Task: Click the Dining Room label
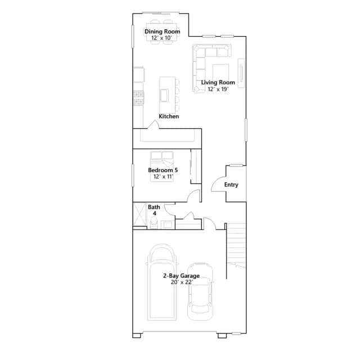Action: tap(162, 31)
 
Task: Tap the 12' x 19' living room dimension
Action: tap(218, 89)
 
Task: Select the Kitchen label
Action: tap(169, 116)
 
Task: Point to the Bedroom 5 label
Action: tap(163, 170)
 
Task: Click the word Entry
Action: tap(231, 184)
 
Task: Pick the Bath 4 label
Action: tap(154, 210)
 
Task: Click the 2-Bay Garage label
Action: tap(181, 276)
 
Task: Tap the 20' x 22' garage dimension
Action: tap(182, 282)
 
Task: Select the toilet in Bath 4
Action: tap(154, 223)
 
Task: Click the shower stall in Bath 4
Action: tap(139, 214)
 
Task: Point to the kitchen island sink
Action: tap(164, 95)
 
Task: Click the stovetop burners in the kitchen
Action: tap(139, 98)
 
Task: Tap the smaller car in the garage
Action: tap(200, 291)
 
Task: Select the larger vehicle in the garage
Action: tap(162, 282)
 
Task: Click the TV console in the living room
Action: tap(241, 73)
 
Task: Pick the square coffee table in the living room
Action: tap(220, 73)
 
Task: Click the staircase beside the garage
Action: tap(236, 246)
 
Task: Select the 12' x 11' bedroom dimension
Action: tap(163, 177)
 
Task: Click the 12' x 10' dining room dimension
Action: tap(161, 38)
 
